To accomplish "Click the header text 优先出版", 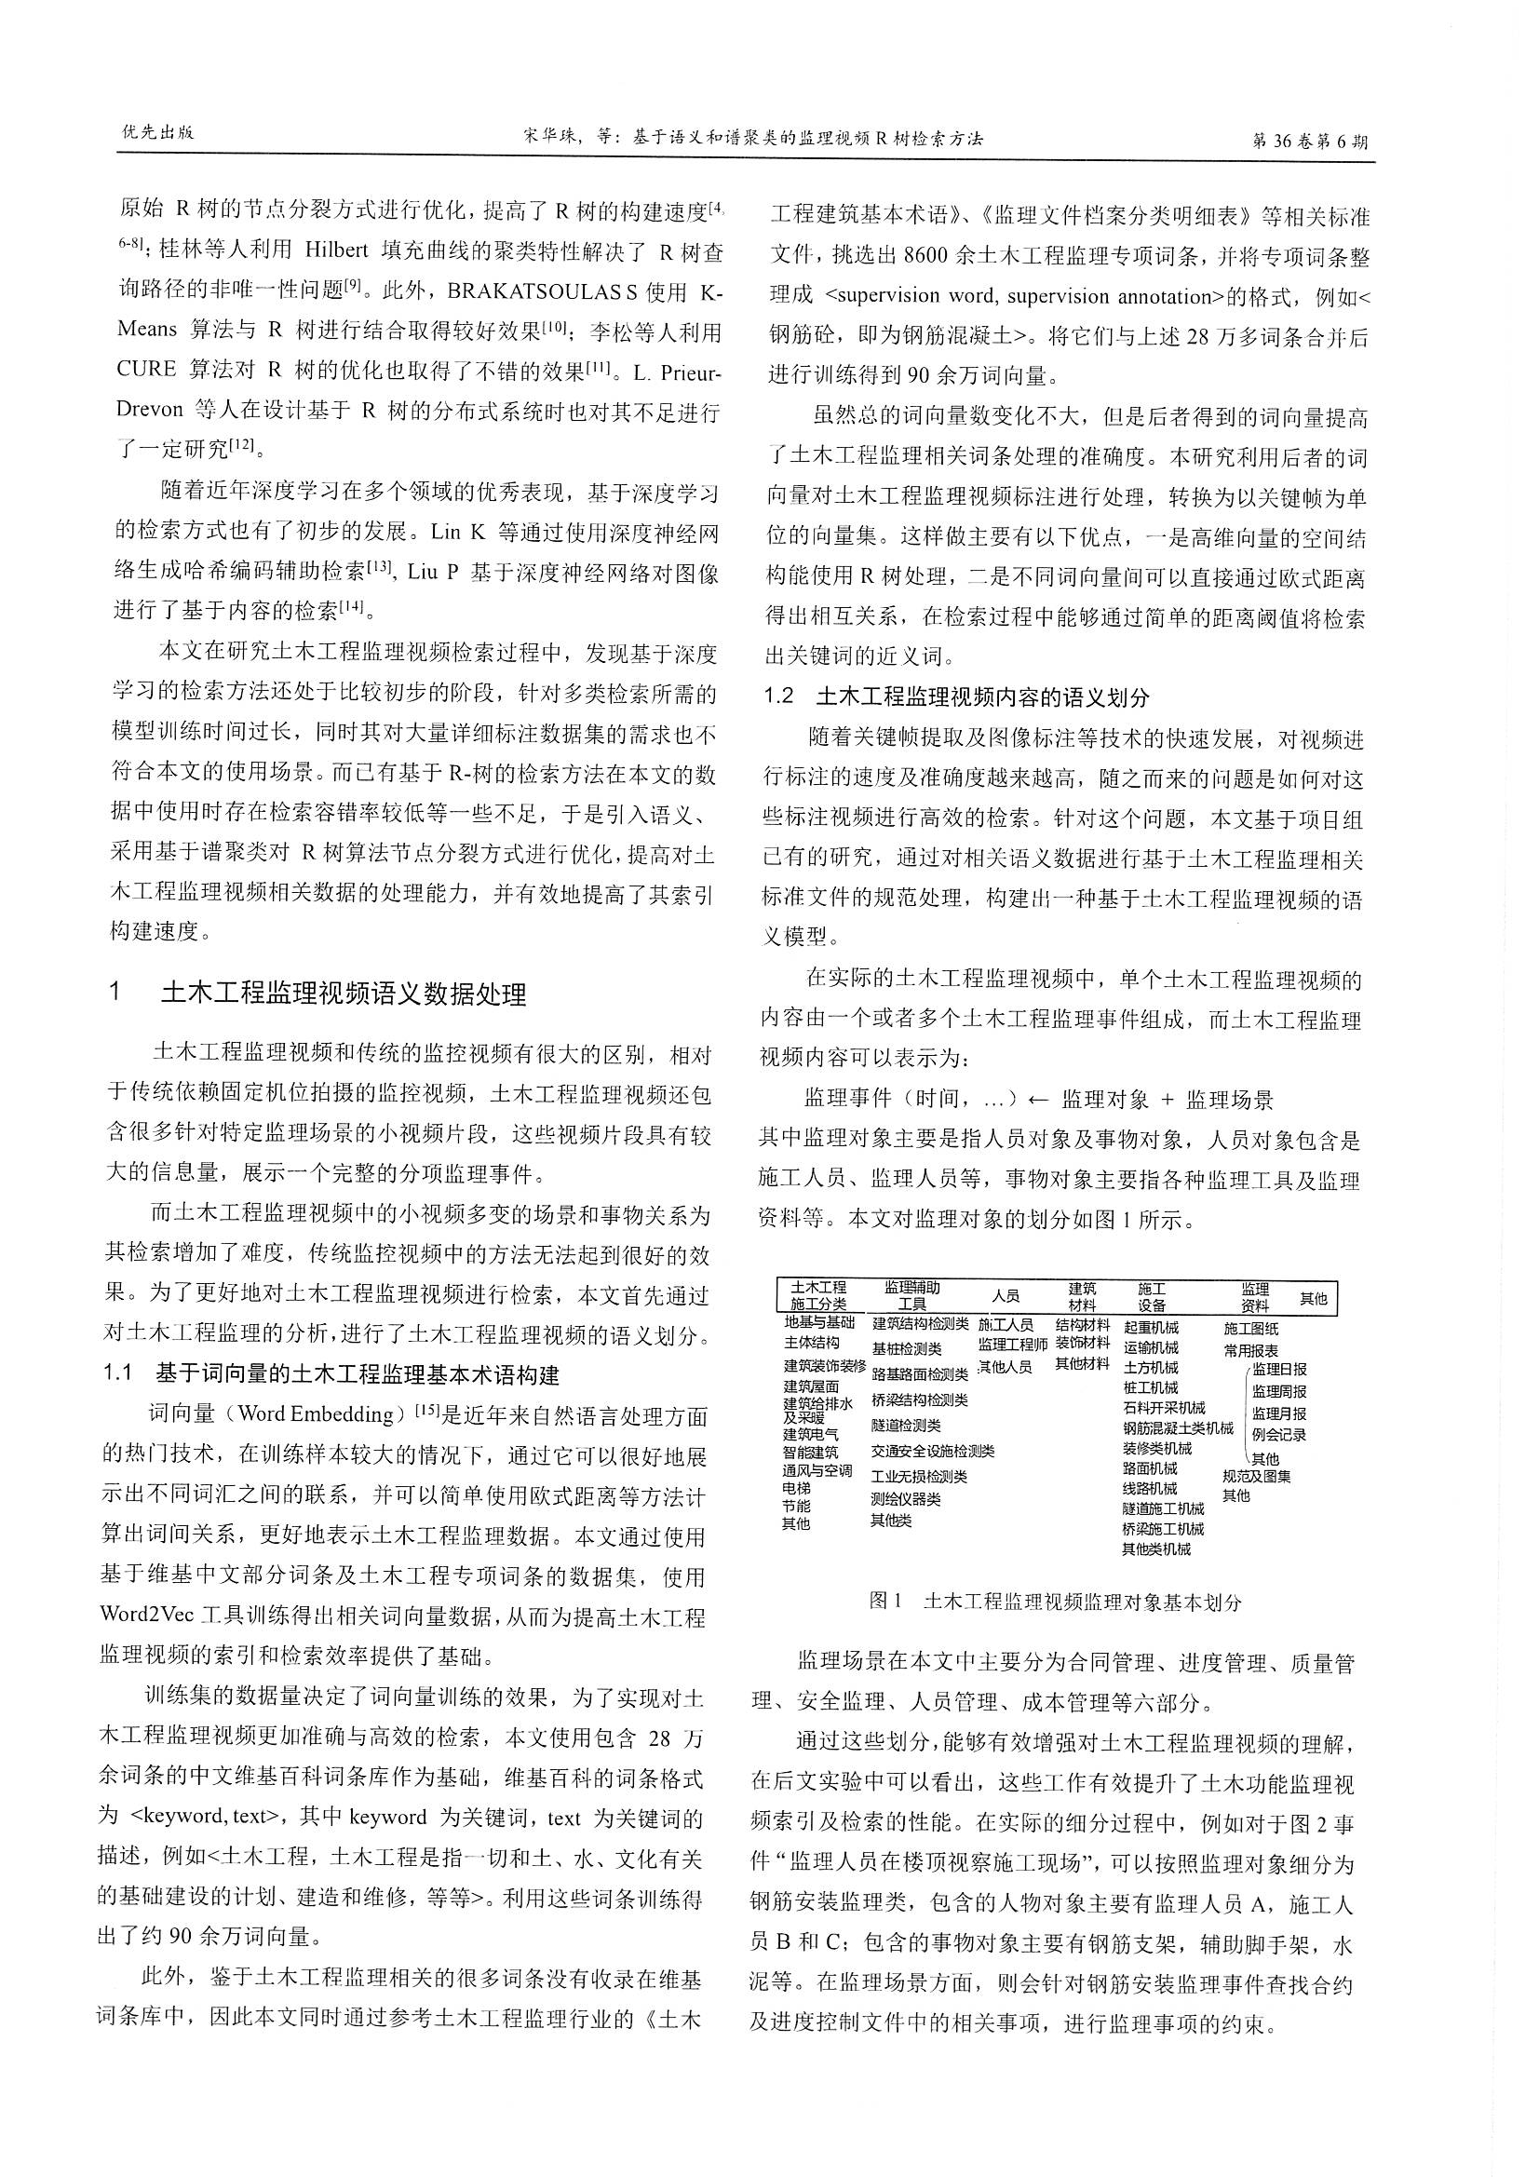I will (157, 133).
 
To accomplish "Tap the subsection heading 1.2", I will (779, 696).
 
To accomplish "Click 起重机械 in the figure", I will (1150, 1328).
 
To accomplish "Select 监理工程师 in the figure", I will (1012, 1344).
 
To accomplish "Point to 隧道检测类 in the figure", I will (906, 1425).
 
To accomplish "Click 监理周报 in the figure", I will (1278, 1391).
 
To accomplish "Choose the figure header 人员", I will (1006, 1296).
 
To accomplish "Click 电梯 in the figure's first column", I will (797, 1488).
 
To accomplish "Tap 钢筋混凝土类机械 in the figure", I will (1178, 1428).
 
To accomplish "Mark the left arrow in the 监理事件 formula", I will (1038, 1100).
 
